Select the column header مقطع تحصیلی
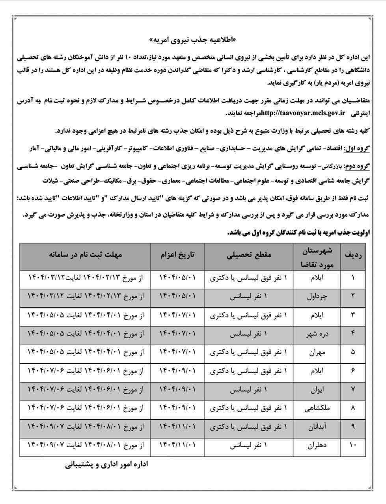tap(249, 255)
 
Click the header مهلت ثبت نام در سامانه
tap(86, 255)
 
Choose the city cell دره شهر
tap(317, 334)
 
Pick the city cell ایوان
tap(317, 389)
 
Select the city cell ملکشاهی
tap(317, 408)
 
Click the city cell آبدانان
tap(317, 427)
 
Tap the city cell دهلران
tap(317, 445)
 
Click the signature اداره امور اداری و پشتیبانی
tap(106, 465)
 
